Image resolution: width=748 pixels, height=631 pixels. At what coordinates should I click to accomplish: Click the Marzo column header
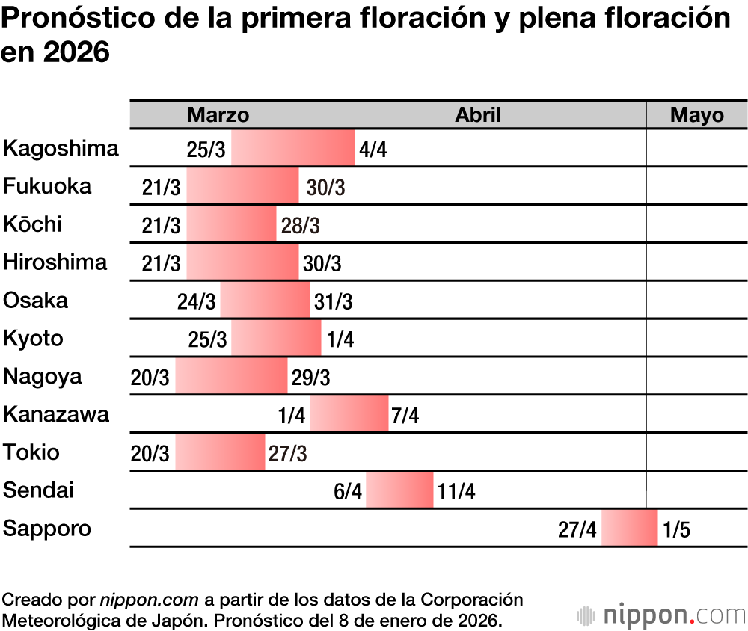pyautogui.click(x=218, y=114)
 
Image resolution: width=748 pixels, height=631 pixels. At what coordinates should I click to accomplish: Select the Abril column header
pyautogui.click(x=478, y=114)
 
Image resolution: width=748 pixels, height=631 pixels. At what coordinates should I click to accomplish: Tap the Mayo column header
pyautogui.click(x=697, y=114)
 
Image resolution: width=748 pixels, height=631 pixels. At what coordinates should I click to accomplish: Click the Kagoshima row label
pyautogui.click(x=61, y=148)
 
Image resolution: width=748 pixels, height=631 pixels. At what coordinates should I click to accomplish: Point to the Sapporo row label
pyautogui.click(x=48, y=529)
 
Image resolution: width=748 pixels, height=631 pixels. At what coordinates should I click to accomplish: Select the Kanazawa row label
pyautogui.click(x=57, y=414)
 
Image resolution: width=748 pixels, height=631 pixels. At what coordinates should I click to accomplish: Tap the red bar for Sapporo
pyautogui.click(x=630, y=529)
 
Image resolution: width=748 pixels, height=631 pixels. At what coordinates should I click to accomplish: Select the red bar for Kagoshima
pyautogui.click(x=293, y=148)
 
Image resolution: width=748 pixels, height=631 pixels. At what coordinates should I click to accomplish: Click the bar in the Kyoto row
pyautogui.click(x=276, y=339)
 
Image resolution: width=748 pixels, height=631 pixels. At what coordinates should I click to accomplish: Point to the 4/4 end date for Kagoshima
pyautogui.click(x=373, y=150)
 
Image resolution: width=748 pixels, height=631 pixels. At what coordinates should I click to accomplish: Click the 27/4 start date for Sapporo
pyautogui.click(x=577, y=530)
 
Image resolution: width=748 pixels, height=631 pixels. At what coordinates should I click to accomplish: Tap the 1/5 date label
pyautogui.click(x=676, y=530)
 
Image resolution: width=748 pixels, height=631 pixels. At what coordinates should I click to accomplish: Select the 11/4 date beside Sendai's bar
pyautogui.click(x=456, y=492)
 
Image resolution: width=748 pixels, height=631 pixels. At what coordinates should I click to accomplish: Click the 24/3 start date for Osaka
pyautogui.click(x=197, y=302)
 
